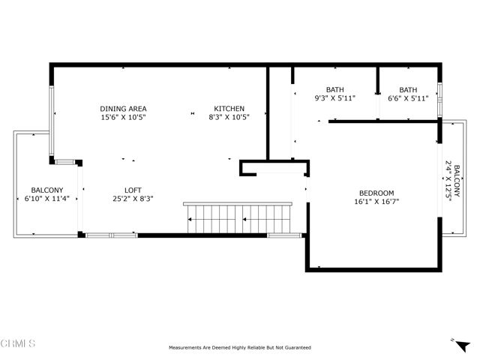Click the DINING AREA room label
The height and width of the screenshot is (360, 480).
click(x=123, y=109)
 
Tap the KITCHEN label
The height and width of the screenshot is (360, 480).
click(x=229, y=109)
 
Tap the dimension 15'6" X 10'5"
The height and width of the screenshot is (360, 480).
click(x=123, y=117)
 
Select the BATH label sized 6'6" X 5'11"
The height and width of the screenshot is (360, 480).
click(x=408, y=89)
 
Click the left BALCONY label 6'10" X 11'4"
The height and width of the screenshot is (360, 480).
click(x=46, y=190)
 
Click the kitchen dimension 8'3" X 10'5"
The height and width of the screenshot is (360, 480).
click(x=229, y=117)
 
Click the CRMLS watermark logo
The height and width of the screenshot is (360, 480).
click(x=18, y=343)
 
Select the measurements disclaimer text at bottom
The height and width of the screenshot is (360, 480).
click(x=239, y=348)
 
